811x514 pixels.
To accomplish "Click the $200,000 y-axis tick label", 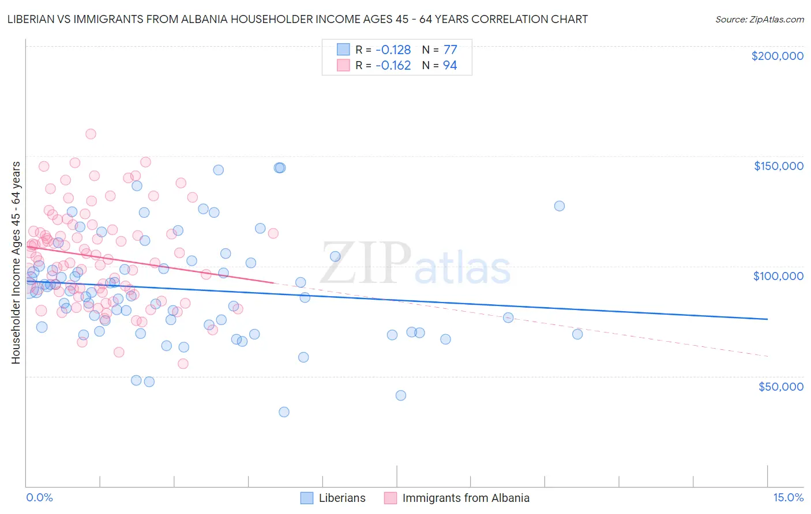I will (x=777, y=56).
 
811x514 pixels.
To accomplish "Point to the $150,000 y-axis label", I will (x=778, y=166).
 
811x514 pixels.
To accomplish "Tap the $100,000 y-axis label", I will (x=778, y=276).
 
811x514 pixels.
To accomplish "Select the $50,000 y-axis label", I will (x=780, y=386).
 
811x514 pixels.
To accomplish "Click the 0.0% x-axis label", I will (x=39, y=497).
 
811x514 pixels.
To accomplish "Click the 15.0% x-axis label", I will (x=788, y=497).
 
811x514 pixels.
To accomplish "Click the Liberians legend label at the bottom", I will (x=342, y=498).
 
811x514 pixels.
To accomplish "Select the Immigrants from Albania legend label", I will (x=465, y=498).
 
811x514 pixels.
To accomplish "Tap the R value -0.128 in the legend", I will (x=393, y=50).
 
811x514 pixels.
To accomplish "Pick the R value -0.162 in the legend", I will (x=393, y=65).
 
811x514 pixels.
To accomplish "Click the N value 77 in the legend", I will (x=450, y=50).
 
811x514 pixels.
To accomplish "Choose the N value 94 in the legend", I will (x=450, y=65).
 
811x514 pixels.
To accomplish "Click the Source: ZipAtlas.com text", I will (x=759, y=19).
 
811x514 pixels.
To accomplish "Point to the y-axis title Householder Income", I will (x=16, y=263).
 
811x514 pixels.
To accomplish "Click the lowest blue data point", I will (x=284, y=412).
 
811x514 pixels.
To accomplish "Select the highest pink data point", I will (x=91, y=134).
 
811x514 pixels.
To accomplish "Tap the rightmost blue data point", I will (x=577, y=334).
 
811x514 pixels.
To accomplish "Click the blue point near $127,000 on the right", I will (x=559, y=206).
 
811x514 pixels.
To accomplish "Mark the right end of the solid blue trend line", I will (x=767, y=319).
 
